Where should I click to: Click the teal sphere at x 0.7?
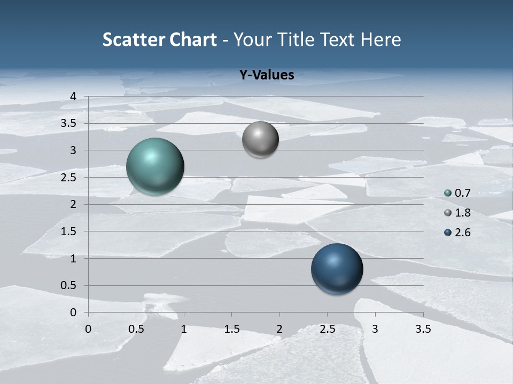coord(155,166)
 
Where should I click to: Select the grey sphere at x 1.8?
coord(260,140)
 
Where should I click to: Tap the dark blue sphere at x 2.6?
coord(337,269)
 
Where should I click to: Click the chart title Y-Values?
coord(266,75)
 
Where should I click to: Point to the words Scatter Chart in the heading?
coord(159,39)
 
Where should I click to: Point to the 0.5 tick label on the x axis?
coord(136,329)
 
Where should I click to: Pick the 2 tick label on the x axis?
coord(279,329)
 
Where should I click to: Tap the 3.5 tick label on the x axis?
coord(423,329)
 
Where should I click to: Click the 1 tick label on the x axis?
coord(184,329)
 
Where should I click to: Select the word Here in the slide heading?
coord(380,39)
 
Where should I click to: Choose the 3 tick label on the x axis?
coord(375,329)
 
